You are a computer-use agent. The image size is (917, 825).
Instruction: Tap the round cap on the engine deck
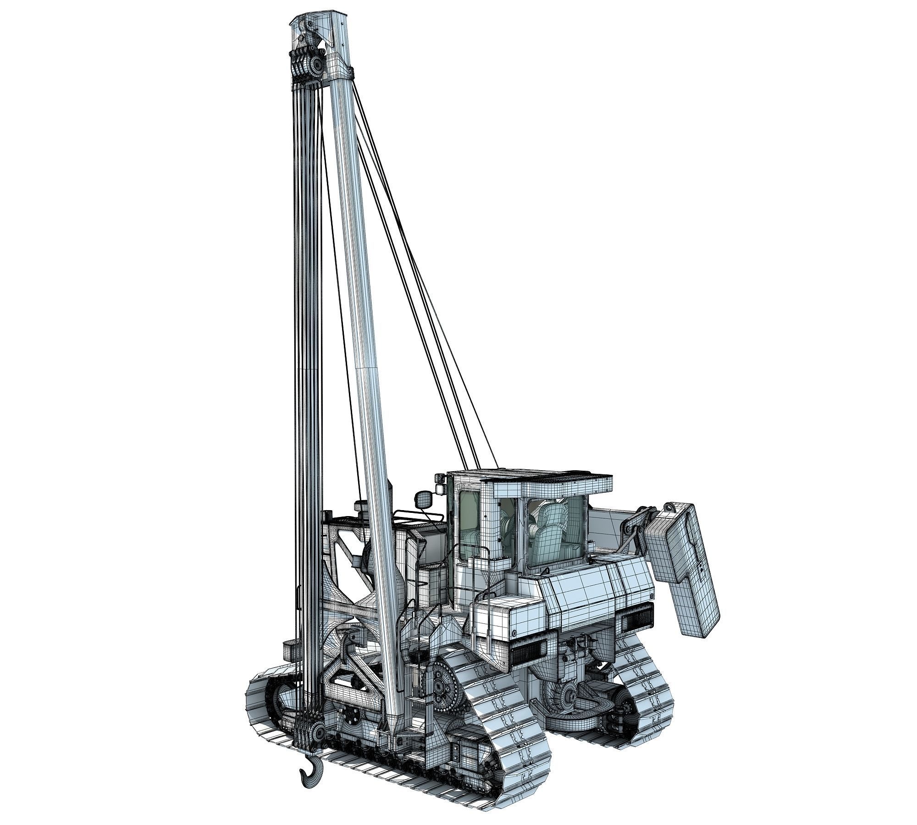coord(360,506)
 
